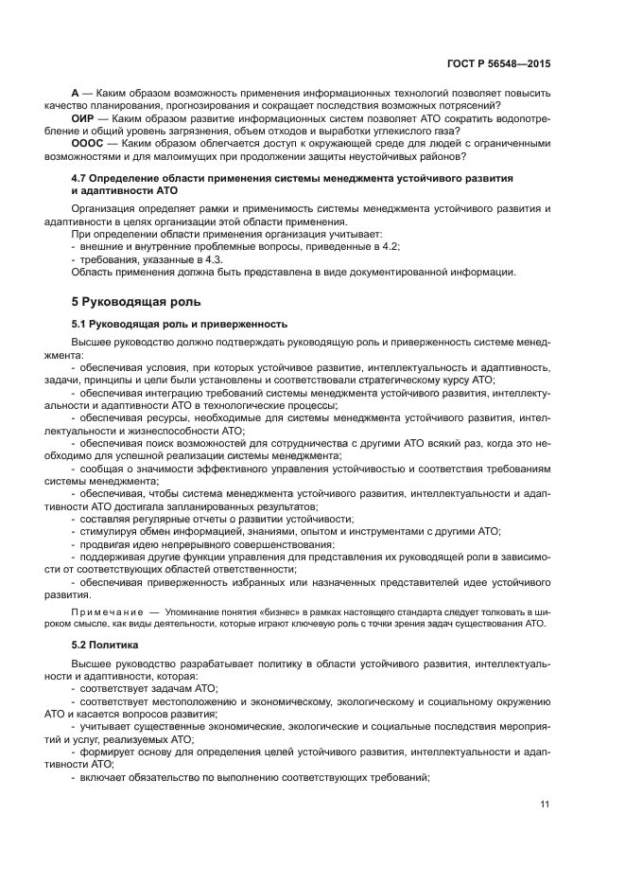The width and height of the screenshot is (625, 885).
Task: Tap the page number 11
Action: pyautogui.click(x=545, y=805)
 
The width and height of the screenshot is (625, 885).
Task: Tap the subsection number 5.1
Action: pyautogui.click(x=80, y=324)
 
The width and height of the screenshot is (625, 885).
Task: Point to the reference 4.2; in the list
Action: pyautogui.click(x=389, y=246)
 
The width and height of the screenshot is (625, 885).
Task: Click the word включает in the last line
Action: pyautogui.click(x=103, y=777)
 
